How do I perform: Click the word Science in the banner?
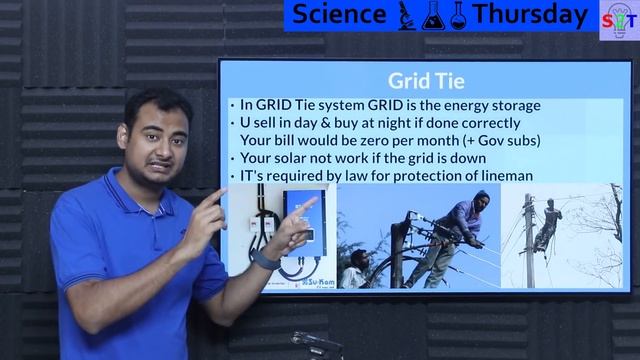(339, 15)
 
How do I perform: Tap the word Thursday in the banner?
(530, 15)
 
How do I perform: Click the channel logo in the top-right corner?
(619, 19)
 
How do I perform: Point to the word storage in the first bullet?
(511, 104)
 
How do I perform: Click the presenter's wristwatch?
(264, 259)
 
